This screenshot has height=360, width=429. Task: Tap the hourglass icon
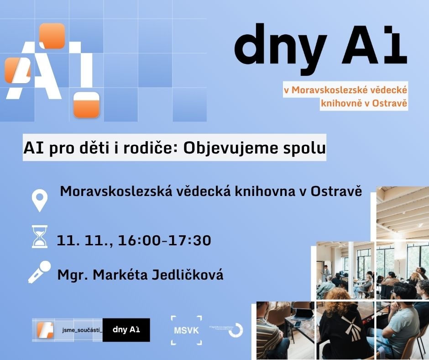pyautogui.click(x=40, y=237)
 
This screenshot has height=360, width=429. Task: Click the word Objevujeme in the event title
pyautogui.click(x=221, y=148)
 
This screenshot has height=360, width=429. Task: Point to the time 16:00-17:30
pyautogui.click(x=164, y=240)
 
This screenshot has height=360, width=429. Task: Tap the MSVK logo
pyautogui.click(x=186, y=330)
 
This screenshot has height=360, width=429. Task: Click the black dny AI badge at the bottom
pyautogui.click(x=126, y=330)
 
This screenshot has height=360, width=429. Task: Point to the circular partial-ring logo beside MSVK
pyautogui.click(x=236, y=330)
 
